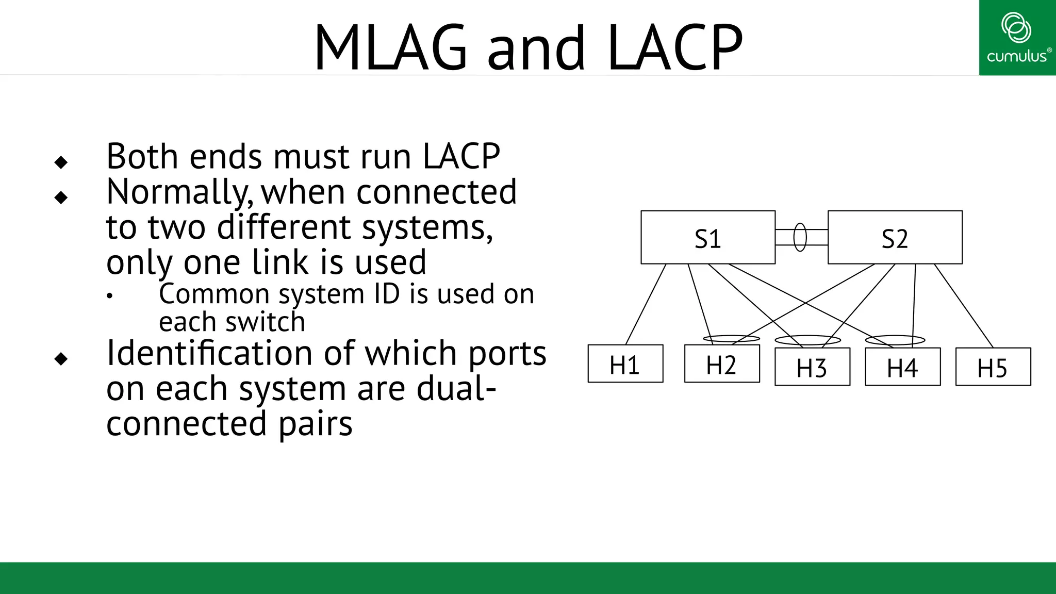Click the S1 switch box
click(707, 238)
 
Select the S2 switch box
click(895, 238)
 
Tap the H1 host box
click(625, 364)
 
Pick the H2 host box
click(721, 364)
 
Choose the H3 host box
click(812, 367)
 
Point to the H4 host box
click(902, 367)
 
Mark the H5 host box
click(993, 367)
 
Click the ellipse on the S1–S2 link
click(800, 237)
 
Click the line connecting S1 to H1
click(646, 304)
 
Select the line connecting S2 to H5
click(964, 306)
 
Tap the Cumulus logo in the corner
click(1017, 37)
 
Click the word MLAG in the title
click(390, 47)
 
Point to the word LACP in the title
click(675, 47)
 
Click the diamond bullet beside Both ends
click(61, 162)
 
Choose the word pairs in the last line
click(315, 424)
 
